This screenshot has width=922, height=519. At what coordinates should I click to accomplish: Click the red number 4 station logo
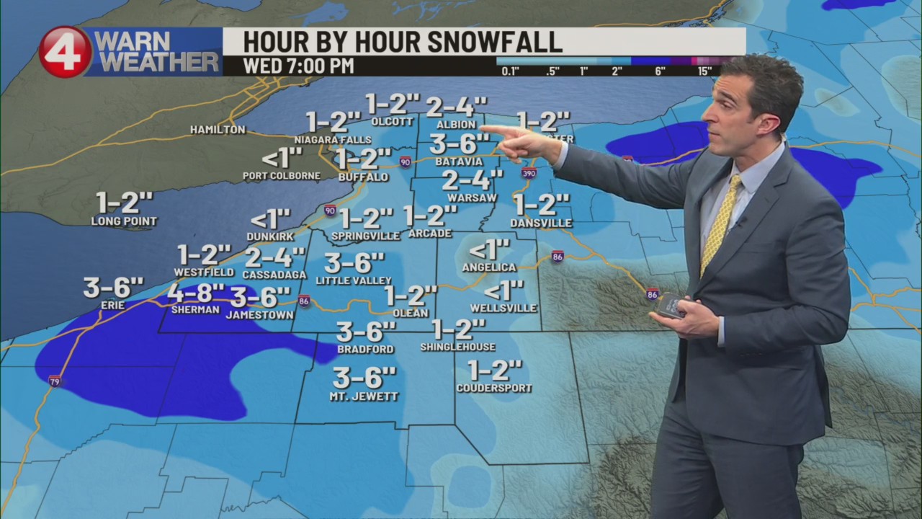point(65,52)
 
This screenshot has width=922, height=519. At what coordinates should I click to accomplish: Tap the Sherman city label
point(195,309)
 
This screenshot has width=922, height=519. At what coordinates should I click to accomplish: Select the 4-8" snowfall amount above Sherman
point(196,293)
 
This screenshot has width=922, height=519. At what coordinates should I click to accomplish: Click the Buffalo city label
point(363,177)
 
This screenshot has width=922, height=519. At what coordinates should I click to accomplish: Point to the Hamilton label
point(218,130)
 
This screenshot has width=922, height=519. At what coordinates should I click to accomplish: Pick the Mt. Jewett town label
point(364,396)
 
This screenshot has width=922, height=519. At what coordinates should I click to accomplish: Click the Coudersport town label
point(494,388)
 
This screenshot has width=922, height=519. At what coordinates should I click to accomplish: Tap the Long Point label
point(124,221)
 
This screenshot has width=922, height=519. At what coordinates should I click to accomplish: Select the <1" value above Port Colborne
point(281,158)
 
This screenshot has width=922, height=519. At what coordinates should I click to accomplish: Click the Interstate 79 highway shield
point(55,381)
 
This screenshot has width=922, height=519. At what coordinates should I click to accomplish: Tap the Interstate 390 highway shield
point(529,173)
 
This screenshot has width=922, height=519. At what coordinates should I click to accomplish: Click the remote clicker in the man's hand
point(670,305)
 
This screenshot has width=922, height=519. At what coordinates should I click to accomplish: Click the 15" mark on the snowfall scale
point(704,71)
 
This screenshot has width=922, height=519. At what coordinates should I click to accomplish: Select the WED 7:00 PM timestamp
point(298,66)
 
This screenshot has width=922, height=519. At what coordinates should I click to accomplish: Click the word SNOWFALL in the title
point(495,42)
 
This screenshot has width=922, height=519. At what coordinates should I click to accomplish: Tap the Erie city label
point(113,305)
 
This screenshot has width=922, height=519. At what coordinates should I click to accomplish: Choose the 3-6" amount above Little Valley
point(354,262)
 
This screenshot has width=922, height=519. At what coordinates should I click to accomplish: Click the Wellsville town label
point(503,308)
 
